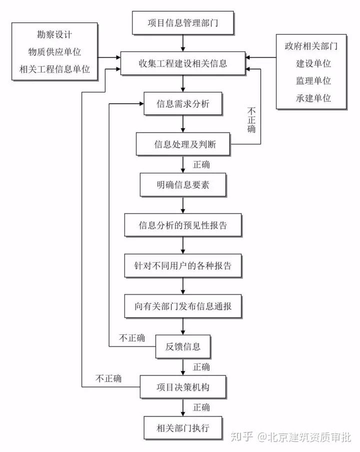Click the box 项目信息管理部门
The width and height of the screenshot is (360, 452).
183,23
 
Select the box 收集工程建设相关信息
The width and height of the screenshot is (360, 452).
183,64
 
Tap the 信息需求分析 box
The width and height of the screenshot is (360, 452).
183,104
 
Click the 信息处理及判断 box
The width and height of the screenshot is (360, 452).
183,145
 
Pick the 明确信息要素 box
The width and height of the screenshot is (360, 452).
183,185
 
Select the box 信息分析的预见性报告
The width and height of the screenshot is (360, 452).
183,225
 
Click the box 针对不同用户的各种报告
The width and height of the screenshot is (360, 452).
183,266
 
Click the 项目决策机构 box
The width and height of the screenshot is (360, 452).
183,387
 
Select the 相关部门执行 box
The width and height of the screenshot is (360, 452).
183,427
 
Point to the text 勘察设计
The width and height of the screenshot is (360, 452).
54,36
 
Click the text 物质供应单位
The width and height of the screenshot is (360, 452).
54,52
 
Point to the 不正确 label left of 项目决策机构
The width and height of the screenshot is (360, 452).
108,378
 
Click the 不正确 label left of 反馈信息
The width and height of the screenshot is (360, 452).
132,338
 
